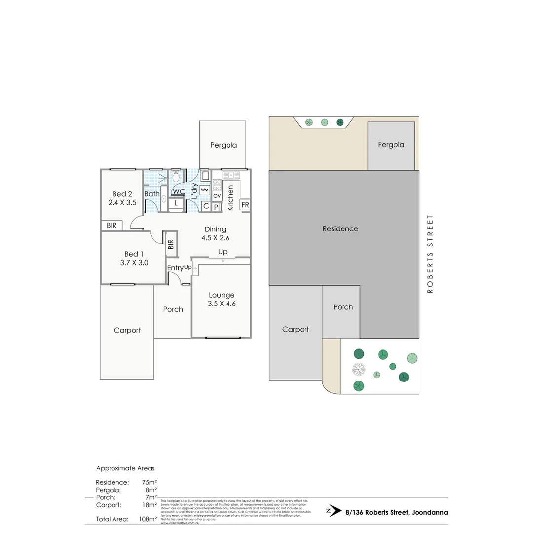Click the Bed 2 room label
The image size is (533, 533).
click(122, 194)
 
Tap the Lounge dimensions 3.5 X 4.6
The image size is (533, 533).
click(222, 304)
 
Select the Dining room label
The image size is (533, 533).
click(215, 229)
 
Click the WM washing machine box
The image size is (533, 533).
click(205, 190)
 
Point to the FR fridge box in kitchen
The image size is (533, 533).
click(245, 205)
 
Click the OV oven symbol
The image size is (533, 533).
click(217, 196)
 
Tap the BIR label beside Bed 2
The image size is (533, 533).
click(112, 225)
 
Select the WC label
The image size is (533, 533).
click(179, 191)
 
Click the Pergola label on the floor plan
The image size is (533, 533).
click(224, 145)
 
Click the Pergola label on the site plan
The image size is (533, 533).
click(391, 145)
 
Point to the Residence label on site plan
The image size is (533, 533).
click(340, 228)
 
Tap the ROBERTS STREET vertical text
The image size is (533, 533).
click(430, 254)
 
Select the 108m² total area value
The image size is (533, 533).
click(148, 519)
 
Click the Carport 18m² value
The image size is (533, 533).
click(149, 505)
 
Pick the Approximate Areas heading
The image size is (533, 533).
click(125, 468)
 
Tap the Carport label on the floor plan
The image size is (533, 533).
click(127, 330)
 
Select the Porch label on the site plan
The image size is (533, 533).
click(343, 307)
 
